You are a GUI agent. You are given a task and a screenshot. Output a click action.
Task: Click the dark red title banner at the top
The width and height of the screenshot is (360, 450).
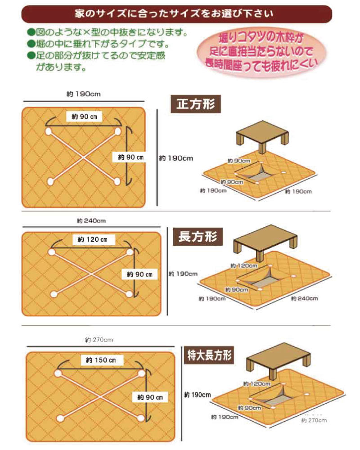pos(176,14)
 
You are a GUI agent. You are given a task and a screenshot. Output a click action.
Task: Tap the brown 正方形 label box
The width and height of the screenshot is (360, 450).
pos(196,104)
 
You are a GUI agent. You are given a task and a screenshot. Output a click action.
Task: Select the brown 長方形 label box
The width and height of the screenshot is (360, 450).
pos(198,237)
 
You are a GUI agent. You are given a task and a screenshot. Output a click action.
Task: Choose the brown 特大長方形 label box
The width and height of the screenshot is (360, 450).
pos(209,355)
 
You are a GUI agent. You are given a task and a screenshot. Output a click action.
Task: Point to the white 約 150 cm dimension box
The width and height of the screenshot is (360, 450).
pos(101,360)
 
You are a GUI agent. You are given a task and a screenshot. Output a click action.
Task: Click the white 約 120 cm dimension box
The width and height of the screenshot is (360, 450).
pos(92,240)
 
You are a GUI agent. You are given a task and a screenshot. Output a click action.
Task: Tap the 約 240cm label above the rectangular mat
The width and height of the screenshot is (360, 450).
pos(91,220)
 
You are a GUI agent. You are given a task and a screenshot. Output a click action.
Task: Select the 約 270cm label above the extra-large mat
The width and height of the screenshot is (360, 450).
pos(99,340)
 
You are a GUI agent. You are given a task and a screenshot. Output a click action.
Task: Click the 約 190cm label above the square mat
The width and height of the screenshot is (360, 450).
pos(84,94)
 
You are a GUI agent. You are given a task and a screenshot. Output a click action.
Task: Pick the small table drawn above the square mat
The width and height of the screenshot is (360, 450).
pos(262,135)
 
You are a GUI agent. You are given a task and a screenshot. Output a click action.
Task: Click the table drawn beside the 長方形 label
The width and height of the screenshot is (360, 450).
pos(265,242)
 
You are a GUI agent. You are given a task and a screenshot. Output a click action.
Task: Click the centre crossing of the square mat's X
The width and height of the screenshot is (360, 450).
pos(83,157)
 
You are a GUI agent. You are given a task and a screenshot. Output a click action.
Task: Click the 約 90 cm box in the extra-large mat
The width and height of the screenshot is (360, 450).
pos(150,397)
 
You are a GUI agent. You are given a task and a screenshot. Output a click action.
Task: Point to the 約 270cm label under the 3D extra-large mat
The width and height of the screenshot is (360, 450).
pos(314,420)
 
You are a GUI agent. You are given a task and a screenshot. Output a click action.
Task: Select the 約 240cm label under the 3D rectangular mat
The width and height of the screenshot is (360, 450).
pos(305,298)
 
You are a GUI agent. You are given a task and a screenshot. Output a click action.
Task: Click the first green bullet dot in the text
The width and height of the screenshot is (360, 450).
pos(31,32)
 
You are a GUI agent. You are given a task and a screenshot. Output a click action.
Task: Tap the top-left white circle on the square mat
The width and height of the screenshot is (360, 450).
pos(48,131)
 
